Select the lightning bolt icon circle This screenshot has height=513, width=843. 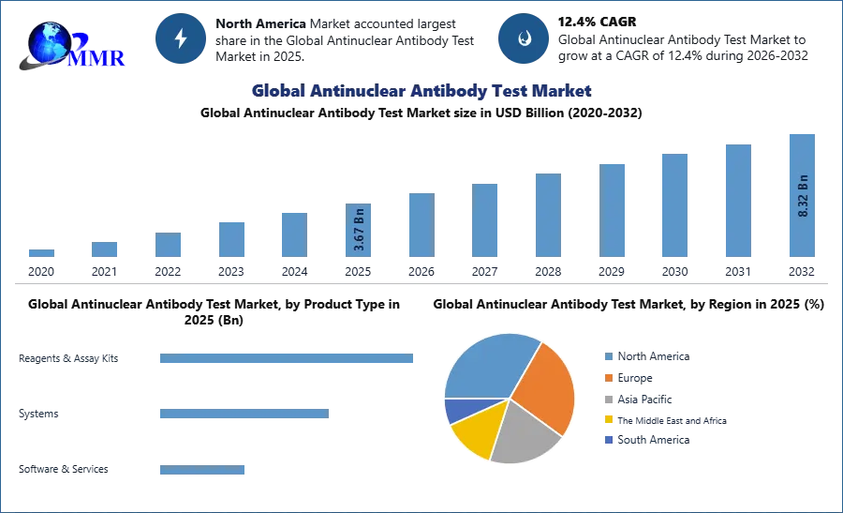181,38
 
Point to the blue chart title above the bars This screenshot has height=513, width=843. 420,91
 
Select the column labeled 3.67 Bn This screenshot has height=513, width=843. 359,233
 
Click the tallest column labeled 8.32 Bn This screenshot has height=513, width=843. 801,195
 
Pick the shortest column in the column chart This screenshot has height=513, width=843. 41,255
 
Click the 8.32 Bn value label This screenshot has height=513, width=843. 803,195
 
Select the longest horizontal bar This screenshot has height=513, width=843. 288,359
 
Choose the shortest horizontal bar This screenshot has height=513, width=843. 201,472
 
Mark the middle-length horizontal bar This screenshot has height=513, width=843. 244,413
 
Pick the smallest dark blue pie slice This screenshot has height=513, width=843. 456,409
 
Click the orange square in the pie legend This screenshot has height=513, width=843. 607,377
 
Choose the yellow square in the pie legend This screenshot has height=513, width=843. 607,419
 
